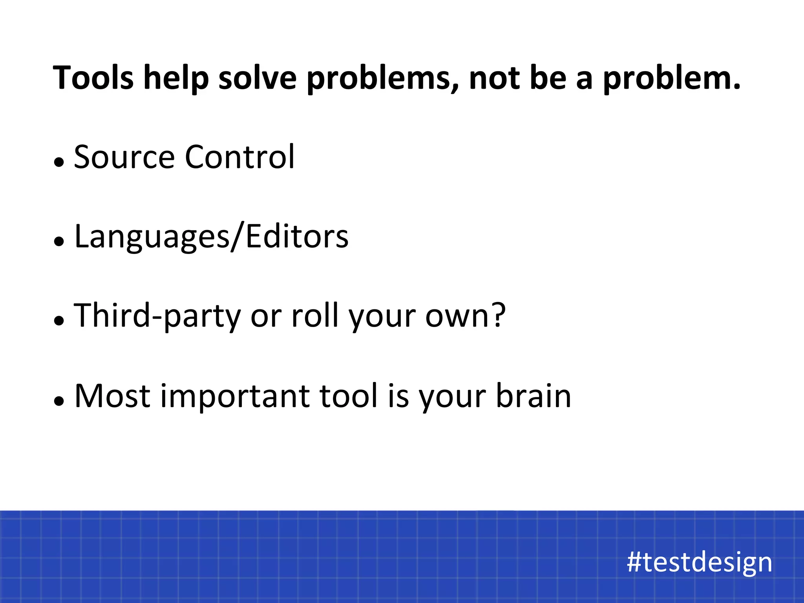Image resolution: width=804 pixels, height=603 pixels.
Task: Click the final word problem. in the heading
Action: (671, 79)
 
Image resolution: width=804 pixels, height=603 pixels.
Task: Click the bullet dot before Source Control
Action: (59, 162)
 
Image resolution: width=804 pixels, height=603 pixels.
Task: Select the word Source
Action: (124, 157)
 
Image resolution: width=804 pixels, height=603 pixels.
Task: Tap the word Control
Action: (239, 157)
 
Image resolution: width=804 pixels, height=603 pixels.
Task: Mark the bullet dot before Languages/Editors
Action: (59, 241)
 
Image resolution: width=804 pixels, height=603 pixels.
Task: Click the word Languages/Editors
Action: (211, 237)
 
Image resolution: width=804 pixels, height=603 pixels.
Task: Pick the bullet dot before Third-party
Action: (59, 321)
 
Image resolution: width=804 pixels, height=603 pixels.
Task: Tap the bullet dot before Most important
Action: (59, 401)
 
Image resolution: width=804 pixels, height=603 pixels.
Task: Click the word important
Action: (235, 397)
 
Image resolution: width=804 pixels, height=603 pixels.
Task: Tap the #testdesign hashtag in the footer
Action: (699, 562)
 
